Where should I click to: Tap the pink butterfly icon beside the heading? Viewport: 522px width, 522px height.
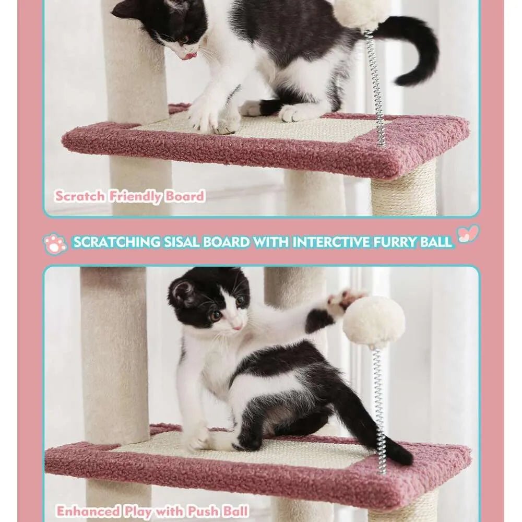click(468, 234)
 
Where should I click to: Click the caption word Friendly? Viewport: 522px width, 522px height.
click(135, 197)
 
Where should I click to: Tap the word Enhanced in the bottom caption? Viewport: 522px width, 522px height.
click(88, 511)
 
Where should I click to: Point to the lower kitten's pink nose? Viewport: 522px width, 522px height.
click(238, 326)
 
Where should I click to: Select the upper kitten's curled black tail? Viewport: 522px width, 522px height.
click(418, 47)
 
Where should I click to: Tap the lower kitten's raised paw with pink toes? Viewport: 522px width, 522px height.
click(342, 302)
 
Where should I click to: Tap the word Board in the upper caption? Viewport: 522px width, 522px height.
click(185, 197)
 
